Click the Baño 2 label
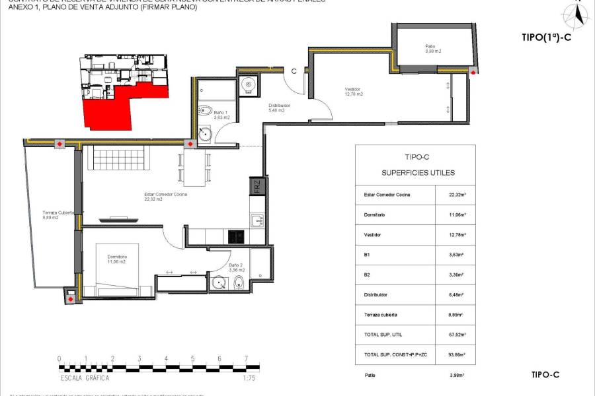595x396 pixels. [x=219, y=267]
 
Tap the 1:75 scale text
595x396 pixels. [x=249, y=378]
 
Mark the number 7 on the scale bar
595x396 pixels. [x=246, y=359]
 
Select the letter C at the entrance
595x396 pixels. [x=294, y=71]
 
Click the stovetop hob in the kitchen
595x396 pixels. [x=236, y=235]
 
